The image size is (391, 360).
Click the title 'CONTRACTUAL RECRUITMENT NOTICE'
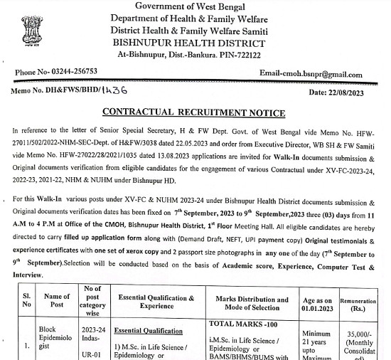point(194,113)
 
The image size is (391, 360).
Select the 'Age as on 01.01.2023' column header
point(323,305)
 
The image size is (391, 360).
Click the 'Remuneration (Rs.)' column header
point(363,305)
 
